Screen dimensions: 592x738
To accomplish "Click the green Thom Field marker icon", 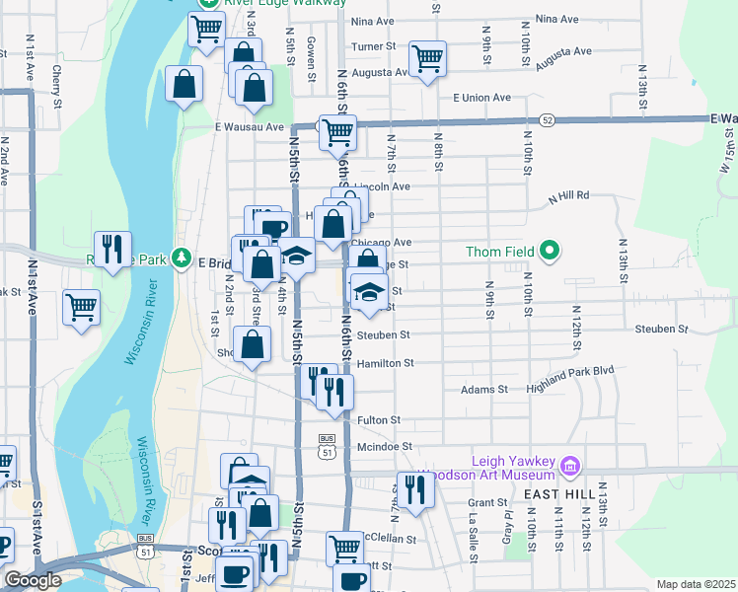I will click(551, 253).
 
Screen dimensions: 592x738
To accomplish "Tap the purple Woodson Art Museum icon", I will click(569, 465).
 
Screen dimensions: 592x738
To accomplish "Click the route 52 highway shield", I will click(547, 119).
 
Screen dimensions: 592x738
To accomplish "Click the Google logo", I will click(33, 580).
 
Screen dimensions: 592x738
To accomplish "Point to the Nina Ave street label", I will click(557, 20).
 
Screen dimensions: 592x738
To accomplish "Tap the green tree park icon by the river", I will click(181, 259).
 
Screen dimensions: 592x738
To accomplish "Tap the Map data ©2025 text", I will click(696, 584).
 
